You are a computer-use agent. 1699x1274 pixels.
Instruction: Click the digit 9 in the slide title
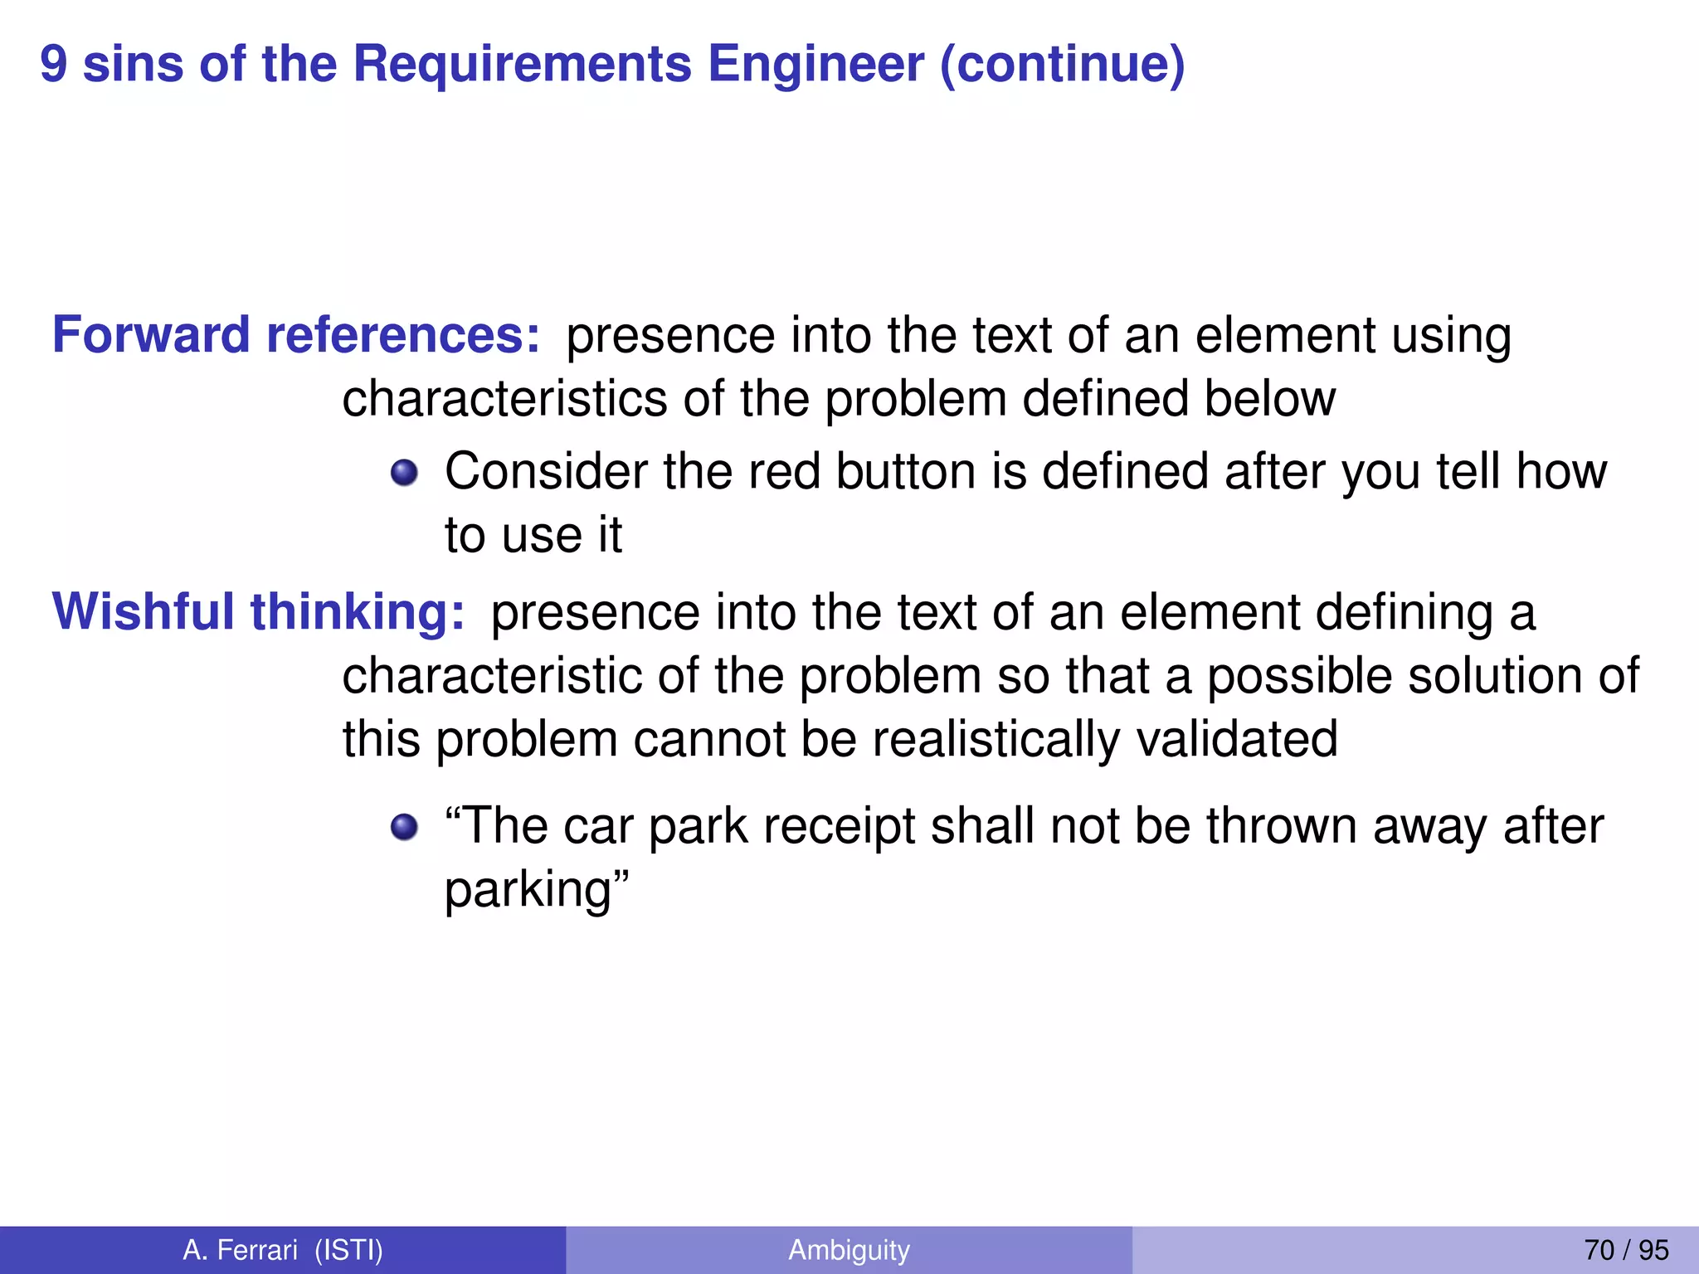(x=54, y=64)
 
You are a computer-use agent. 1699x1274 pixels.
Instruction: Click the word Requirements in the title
(x=522, y=64)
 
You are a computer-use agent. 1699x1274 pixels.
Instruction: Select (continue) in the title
(x=1062, y=64)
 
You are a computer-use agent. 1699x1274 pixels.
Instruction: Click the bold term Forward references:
(x=296, y=335)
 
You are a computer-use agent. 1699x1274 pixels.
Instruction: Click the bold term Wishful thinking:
(x=258, y=611)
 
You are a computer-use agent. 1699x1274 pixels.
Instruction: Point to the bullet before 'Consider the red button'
(x=404, y=473)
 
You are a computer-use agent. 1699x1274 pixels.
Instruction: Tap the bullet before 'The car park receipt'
(x=404, y=827)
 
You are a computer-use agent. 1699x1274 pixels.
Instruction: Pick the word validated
(x=1236, y=738)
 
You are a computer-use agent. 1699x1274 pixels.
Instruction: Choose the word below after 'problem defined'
(x=1269, y=398)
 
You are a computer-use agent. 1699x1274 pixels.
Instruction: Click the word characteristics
(x=505, y=398)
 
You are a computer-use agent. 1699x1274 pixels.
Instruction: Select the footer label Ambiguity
(x=849, y=1249)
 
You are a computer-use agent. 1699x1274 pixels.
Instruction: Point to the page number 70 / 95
(x=1626, y=1249)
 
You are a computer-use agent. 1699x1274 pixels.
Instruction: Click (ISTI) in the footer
(x=349, y=1249)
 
